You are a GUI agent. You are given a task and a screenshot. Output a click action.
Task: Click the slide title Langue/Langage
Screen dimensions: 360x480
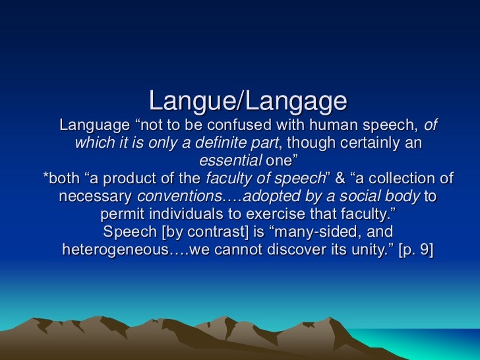pyautogui.click(x=247, y=101)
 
